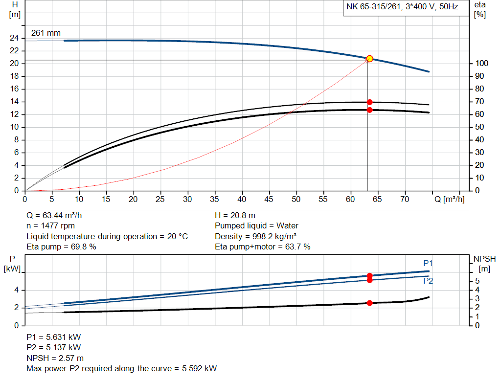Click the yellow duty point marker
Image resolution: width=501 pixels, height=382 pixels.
click(x=369, y=59)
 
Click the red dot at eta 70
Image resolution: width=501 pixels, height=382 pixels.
click(x=369, y=102)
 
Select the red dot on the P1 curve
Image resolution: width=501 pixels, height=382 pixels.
click(x=369, y=276)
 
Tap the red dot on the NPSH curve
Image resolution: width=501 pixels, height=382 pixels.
click(x=369, y=303)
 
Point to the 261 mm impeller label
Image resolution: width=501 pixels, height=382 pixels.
click(x=46, y=33)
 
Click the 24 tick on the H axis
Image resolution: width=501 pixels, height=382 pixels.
click(x=15, y=38)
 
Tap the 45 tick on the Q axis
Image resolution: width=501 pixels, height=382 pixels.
click(x=269, y=199)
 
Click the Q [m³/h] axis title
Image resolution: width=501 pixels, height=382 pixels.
click(x=450, y=199)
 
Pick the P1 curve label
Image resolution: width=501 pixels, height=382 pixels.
click(x=428, y=263)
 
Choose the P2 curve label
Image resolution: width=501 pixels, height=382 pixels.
click(x=428, y=281)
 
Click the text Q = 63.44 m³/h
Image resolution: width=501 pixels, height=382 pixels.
click(x=58, y=215)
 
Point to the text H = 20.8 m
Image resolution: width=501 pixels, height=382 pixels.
click(x=235, y=215)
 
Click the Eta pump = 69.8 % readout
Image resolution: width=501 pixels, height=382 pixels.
click(x=61, y=247)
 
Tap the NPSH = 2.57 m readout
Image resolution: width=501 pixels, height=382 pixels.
click(x=55, y=358)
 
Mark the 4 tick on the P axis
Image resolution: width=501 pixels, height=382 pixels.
click(x=16, y=290)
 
